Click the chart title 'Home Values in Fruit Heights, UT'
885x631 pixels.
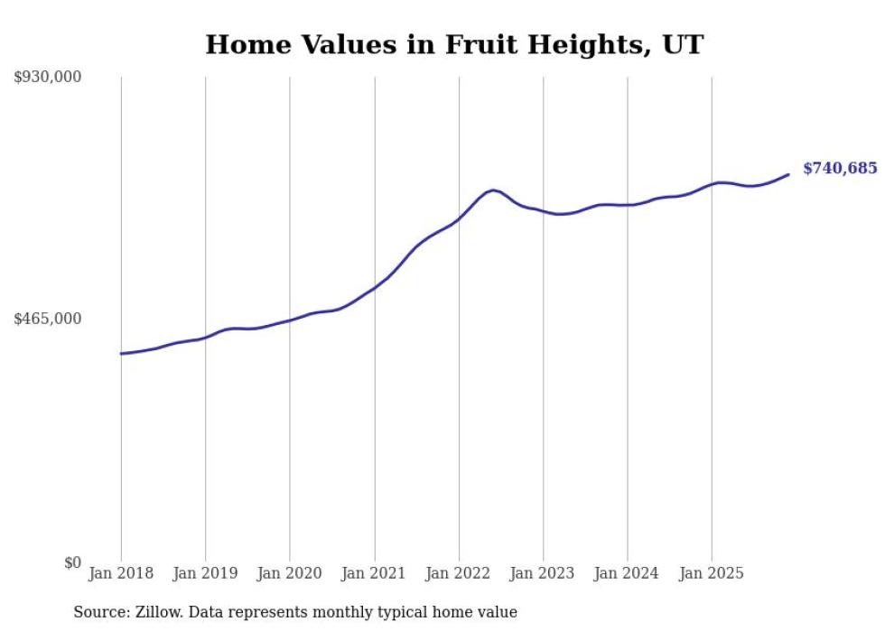(453, 44)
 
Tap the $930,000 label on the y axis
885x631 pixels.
(48, 78)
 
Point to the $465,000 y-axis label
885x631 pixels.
(48, 319)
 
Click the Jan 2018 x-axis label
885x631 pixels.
(121, 573)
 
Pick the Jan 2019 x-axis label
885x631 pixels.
(205, 573)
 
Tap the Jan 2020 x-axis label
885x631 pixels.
(290, 573)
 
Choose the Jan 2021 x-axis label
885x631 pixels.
(374, 573)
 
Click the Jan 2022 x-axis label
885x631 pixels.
(459, 573)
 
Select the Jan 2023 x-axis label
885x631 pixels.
(543, 573)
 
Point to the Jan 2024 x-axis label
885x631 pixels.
(628, 573)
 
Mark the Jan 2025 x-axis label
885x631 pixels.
(712, 573)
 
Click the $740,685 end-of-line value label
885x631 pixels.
(839, 169)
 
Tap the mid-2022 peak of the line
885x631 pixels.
(492, 190)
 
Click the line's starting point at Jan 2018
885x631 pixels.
(121, 353)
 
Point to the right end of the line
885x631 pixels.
(788, 174)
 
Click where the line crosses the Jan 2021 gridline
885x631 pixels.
(374, 287)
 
